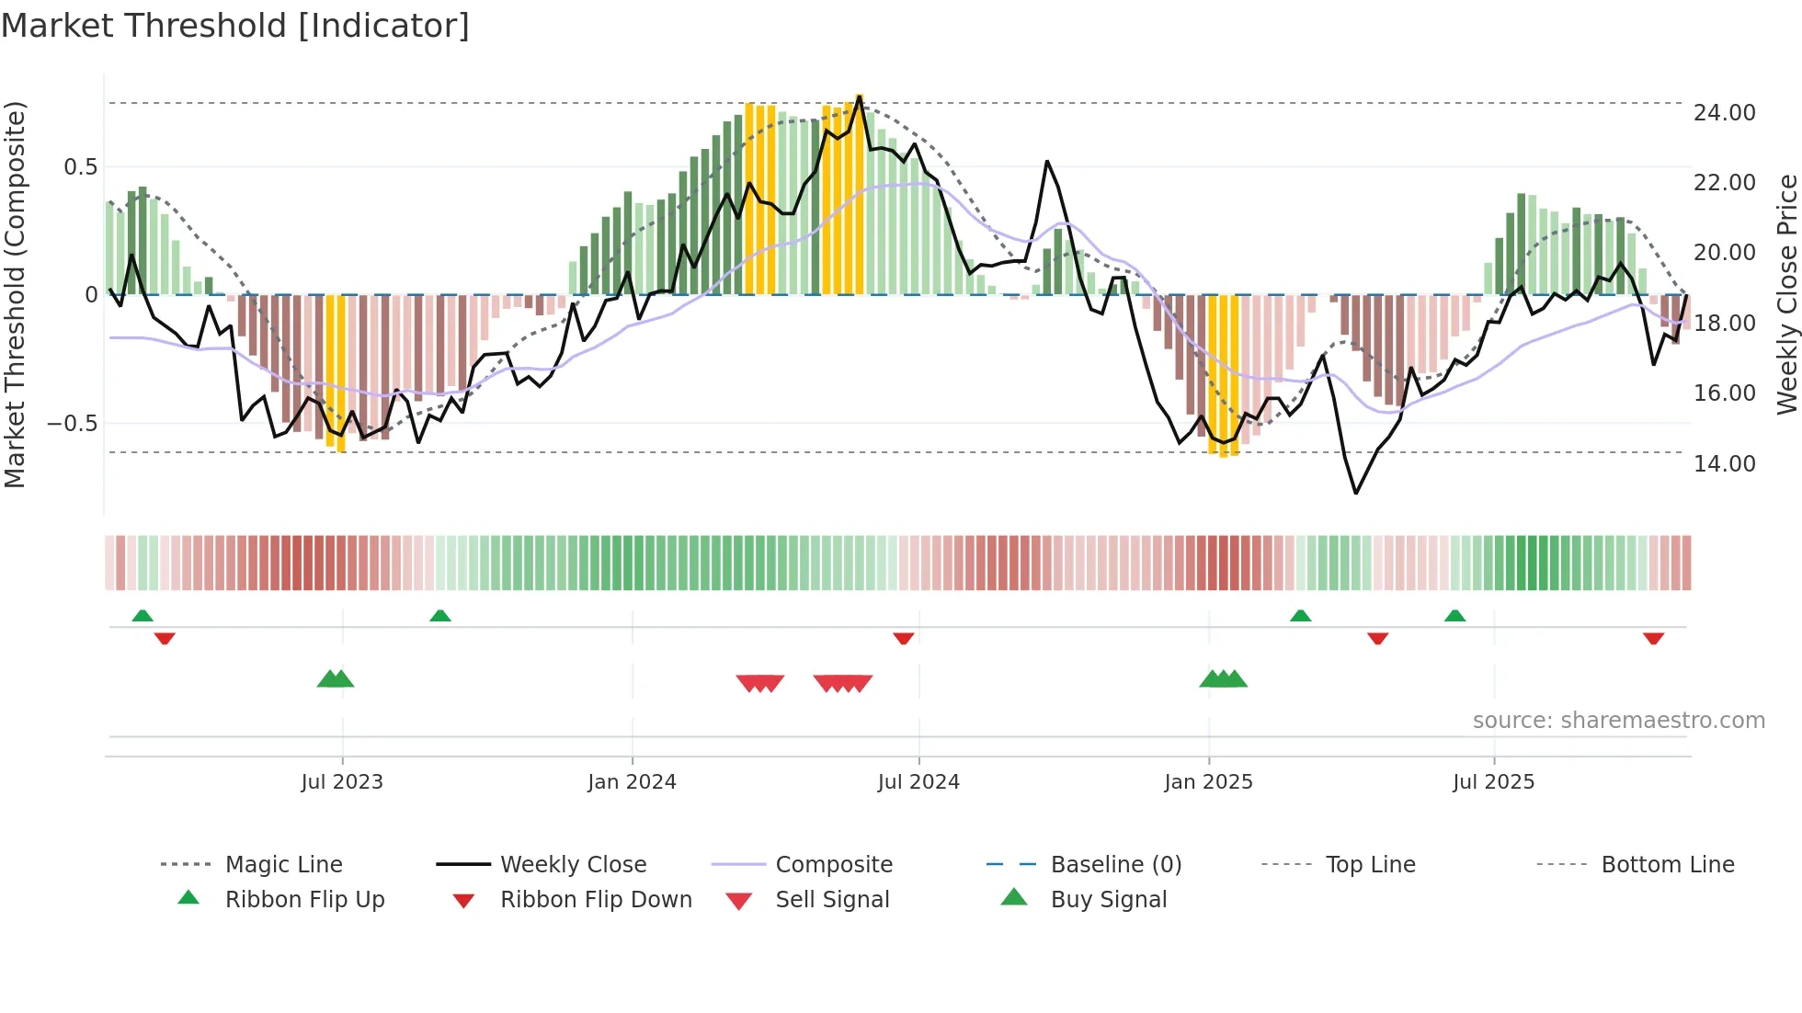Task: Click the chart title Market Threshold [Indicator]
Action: pos(235,26)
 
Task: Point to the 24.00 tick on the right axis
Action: pos(1724,113)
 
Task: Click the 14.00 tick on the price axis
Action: pos(1724,463)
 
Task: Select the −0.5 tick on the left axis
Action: pos(72,424)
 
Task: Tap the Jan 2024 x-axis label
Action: pos(632,782)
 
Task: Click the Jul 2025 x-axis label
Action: pos(1493,782)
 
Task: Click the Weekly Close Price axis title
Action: pos(1786,294)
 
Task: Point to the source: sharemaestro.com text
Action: pos(1618,721)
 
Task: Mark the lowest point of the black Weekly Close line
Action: pos(1356,494)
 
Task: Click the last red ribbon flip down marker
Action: pos(1653,638)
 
